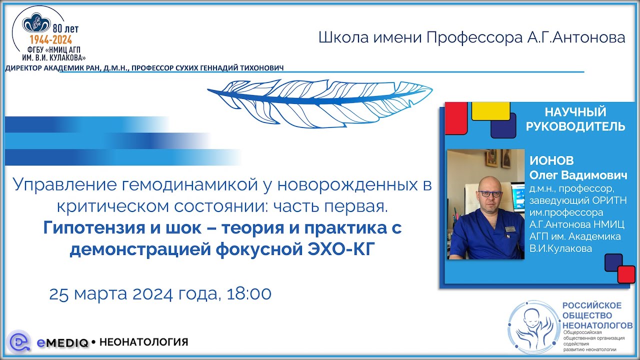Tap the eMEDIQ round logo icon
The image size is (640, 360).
click(x=20, y=342)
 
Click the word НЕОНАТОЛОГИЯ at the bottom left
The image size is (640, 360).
click(x=144, y=342)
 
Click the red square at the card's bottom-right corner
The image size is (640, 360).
click(x=626, y=274)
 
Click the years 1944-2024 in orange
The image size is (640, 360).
click(x=51, y=40)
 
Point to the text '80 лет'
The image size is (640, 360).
click(x=65, y=29)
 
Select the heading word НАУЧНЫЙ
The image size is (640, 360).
click(x=575, y=112)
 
